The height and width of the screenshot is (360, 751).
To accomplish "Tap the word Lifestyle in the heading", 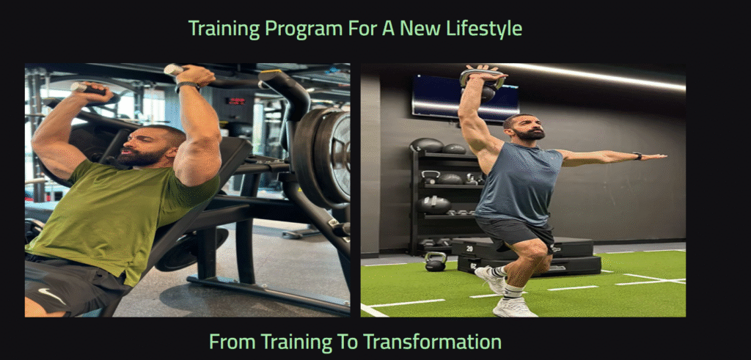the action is click(x=484, y=29).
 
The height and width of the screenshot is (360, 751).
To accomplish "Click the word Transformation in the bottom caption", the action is click(x=432, y=342).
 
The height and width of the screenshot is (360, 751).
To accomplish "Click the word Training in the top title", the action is click(x=224, y=29).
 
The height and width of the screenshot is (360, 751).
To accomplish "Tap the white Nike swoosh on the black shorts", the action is click(x=52, y=295).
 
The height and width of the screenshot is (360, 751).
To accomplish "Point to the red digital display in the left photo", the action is click(x=235, y=101).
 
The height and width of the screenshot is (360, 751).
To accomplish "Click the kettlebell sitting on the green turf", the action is click(x=436, y=261).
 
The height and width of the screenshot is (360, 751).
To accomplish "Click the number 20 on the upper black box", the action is click(x=470, y=249).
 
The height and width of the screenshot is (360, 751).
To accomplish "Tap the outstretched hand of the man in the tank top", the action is click(x=654, y=157).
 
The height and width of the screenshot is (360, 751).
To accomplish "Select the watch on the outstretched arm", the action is click(x=637, y=156).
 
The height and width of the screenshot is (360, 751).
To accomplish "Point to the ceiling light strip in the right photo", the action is click(x=594, y=76).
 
